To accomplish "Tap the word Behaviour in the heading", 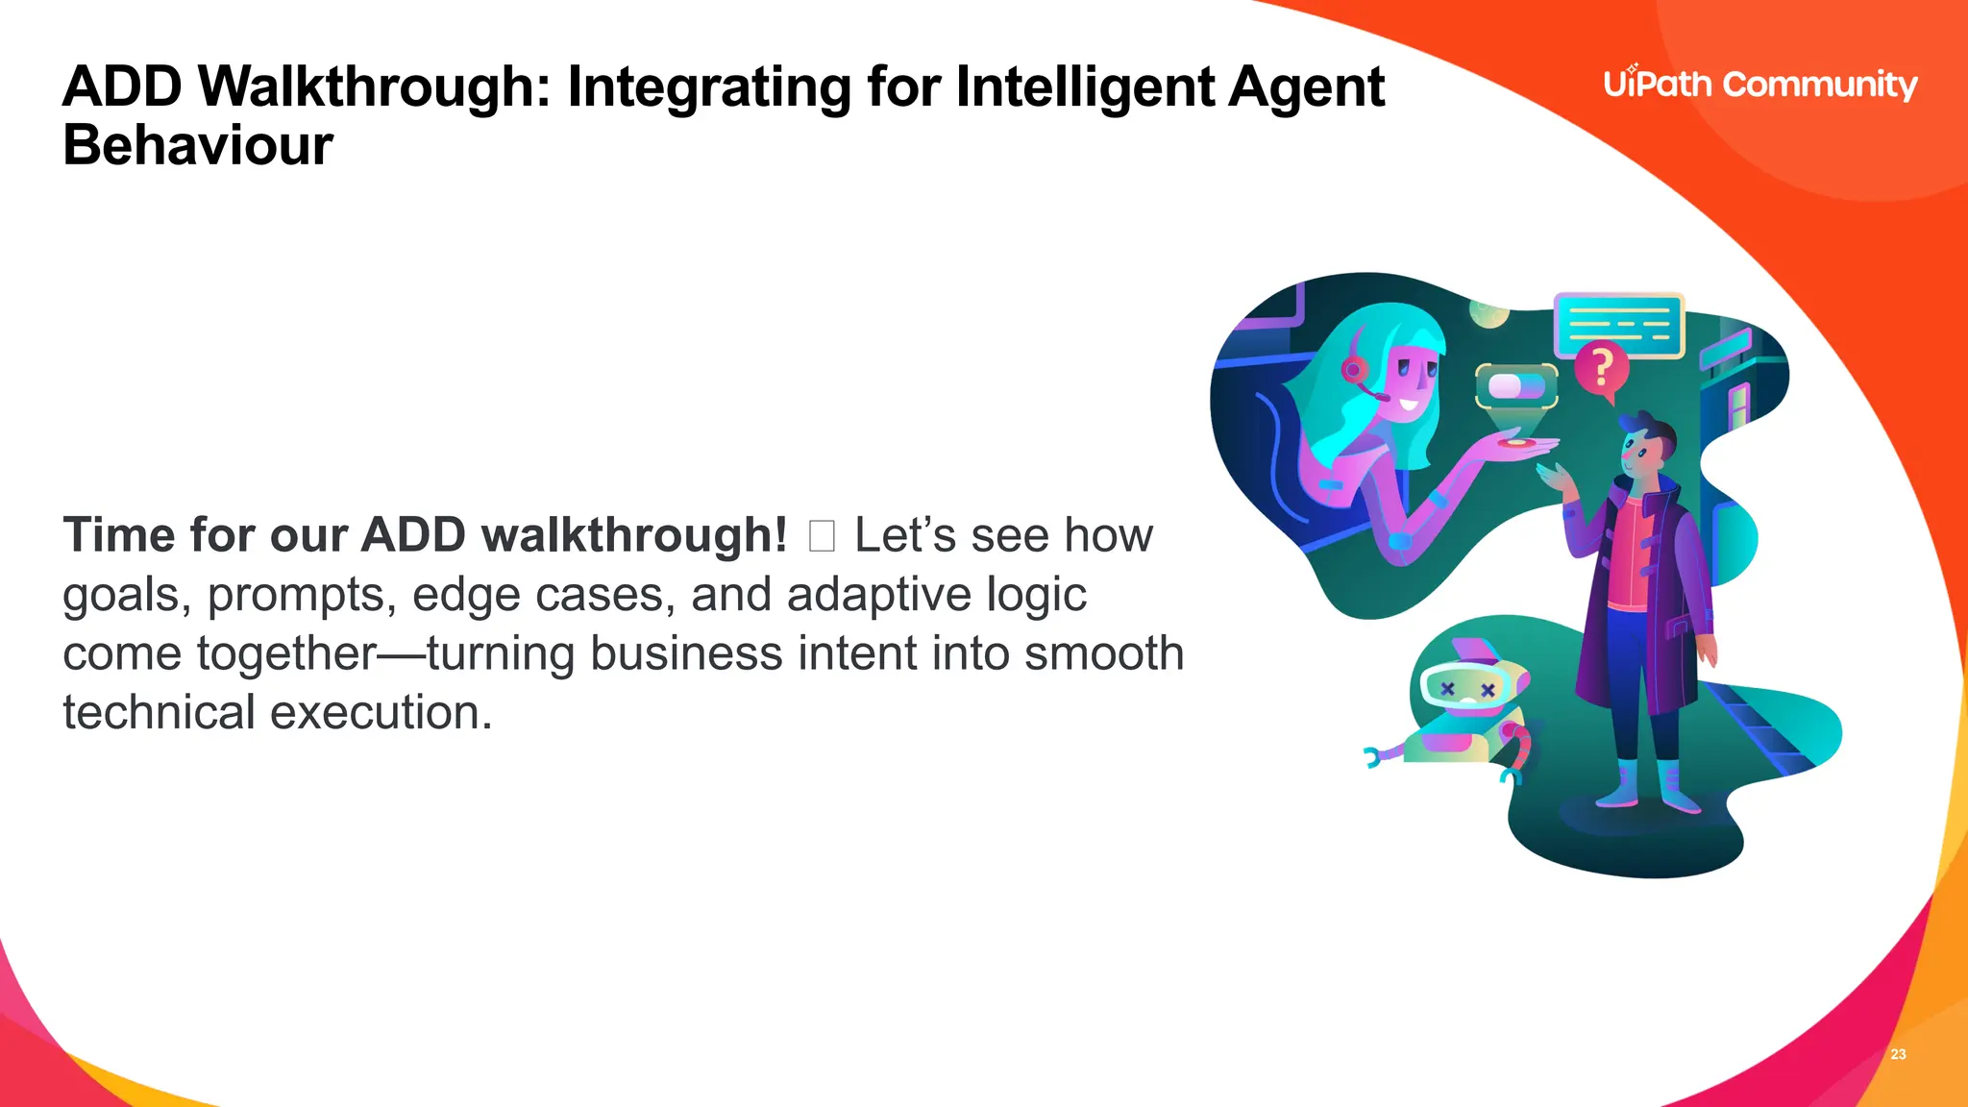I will pos(198,146).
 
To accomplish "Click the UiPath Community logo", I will pos(1759,85).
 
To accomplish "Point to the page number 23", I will pos(1898,1054).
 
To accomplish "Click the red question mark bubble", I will pos(1602,368).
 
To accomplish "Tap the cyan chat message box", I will pos(1619,325).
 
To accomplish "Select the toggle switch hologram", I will pos(1516,386).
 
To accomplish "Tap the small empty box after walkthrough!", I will pos(822,536).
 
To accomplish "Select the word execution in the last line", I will pos(381,713).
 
